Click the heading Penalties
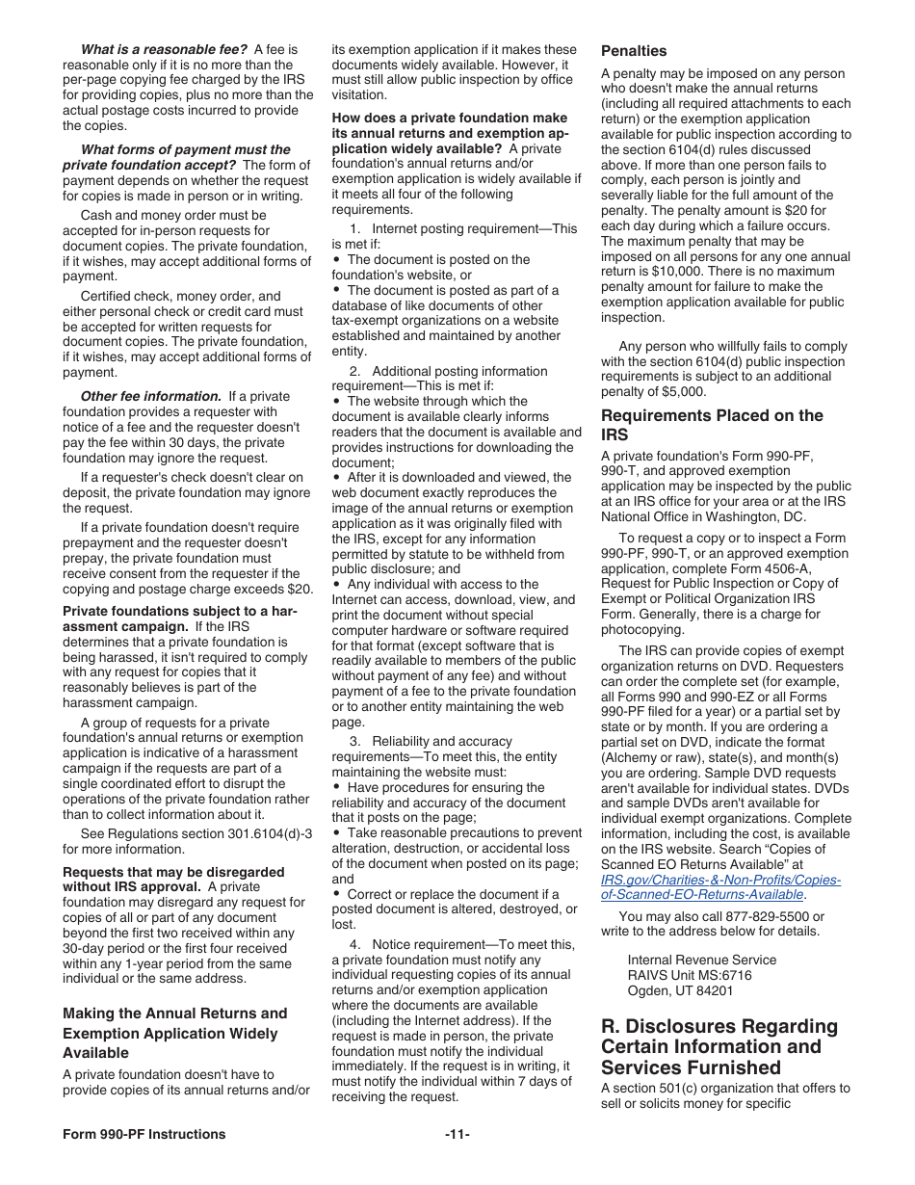click(633, 50)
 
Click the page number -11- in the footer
click(457, 1134)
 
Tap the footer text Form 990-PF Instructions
click(144, 1134)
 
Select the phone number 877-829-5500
click(760, 916)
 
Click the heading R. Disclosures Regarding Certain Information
click(719, 1046)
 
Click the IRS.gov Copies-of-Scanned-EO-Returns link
click(719, 887)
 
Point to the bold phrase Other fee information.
click(150, 396)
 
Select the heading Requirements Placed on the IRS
click(711, 425)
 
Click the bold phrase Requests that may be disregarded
click(173, 872)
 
